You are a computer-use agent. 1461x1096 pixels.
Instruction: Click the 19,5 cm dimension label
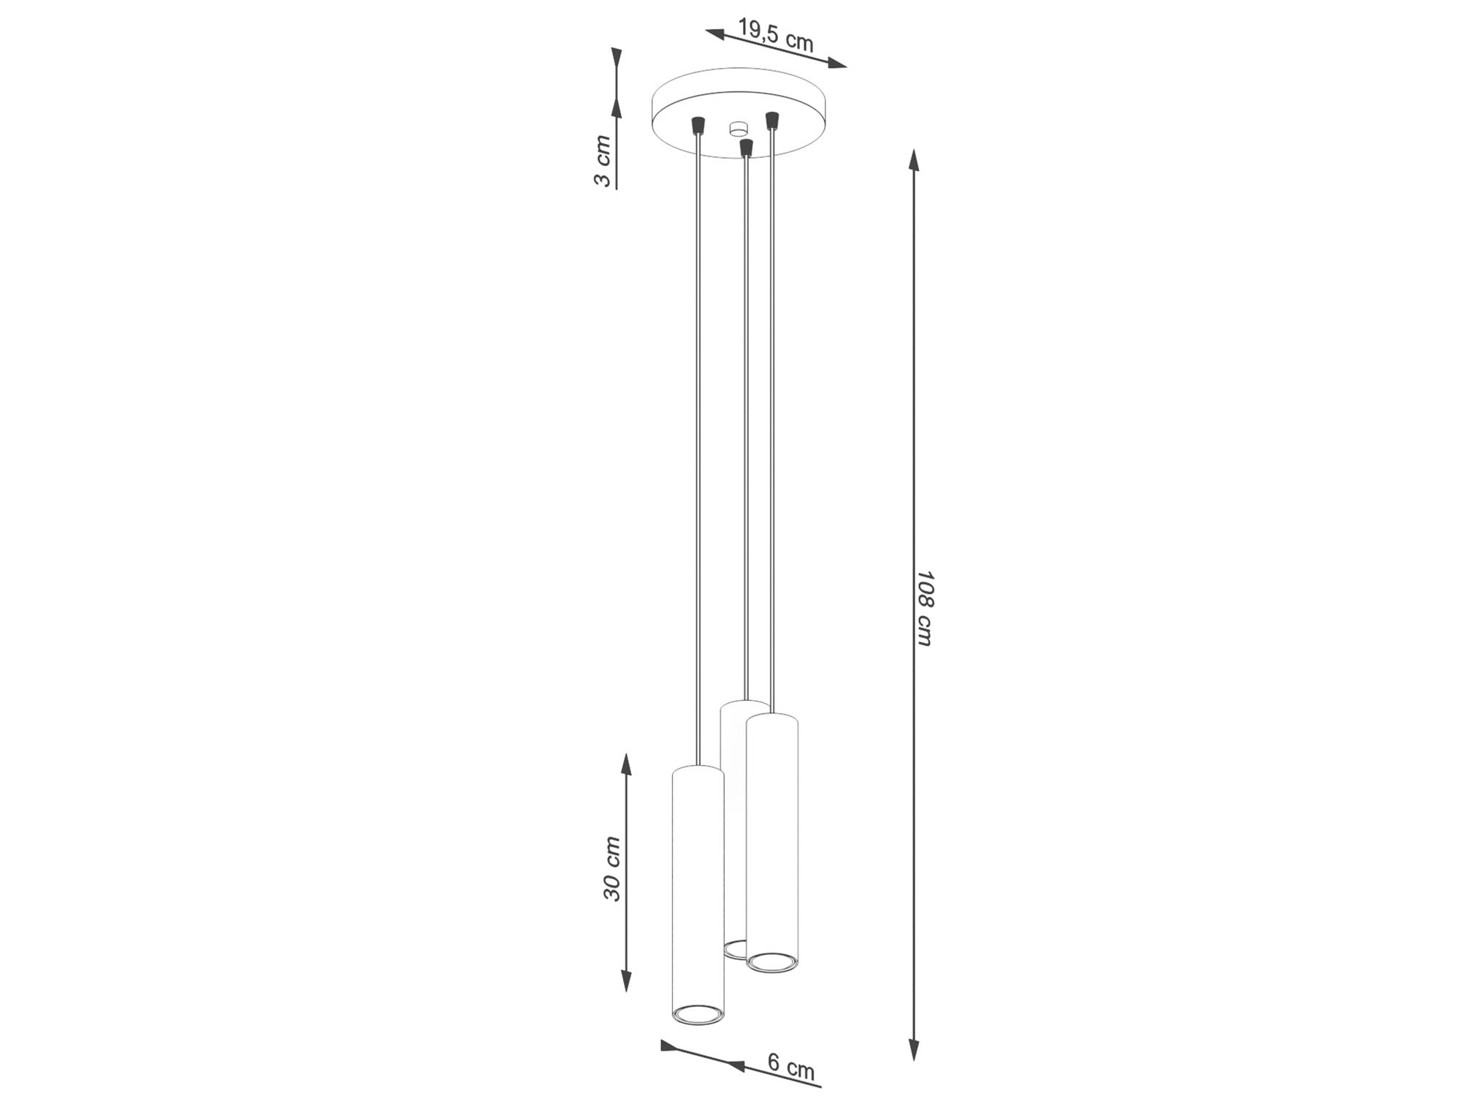775,35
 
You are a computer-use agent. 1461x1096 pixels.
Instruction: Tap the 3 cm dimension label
603,160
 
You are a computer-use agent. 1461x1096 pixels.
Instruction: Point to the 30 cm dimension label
612,868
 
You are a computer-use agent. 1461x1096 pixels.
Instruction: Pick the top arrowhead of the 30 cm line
626,764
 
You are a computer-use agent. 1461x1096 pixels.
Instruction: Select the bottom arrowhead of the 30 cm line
626,981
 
